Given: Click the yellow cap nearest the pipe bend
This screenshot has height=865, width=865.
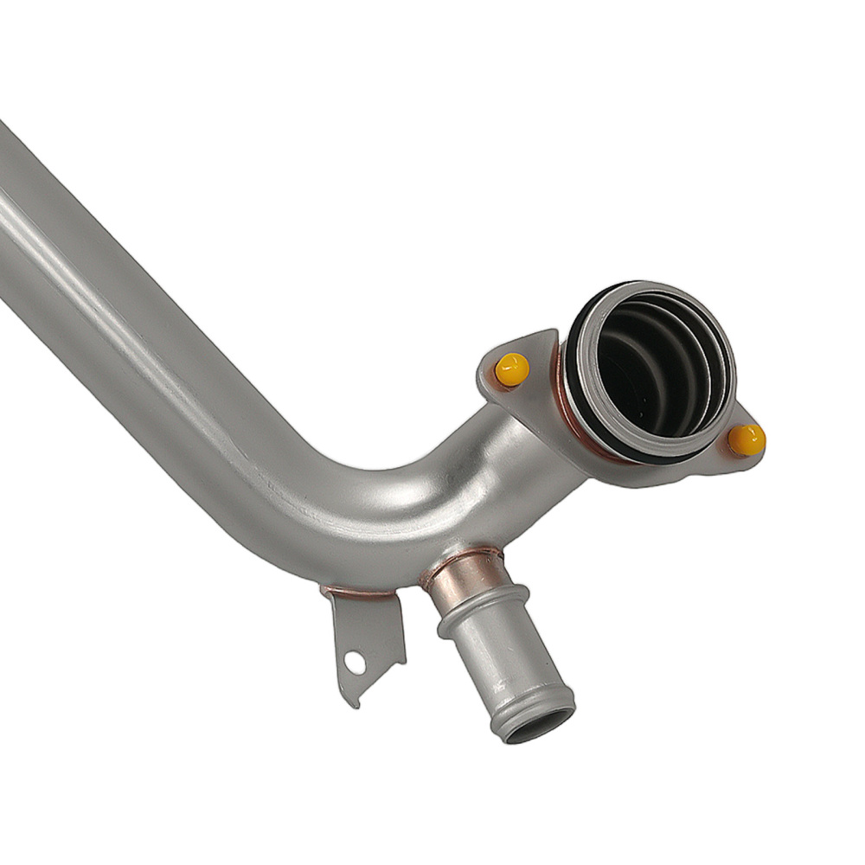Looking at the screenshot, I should point(511,369).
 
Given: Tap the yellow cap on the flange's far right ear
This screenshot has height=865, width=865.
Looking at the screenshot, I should point(746,440).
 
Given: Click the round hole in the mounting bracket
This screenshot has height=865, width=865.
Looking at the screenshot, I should point(355,662).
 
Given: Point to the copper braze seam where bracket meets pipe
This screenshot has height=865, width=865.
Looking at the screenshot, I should point(359,594).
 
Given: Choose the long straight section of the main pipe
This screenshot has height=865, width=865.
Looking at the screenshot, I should point(130,303).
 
